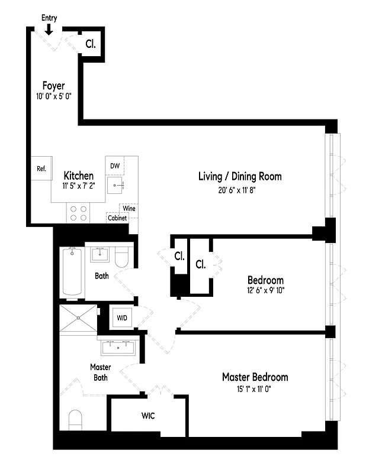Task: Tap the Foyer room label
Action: pyautogui.click(x=53, y=86)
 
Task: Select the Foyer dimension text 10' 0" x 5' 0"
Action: pyautogui.click(x=53, y=96)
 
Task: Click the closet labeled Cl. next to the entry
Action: pyautogui.click(x=91, y=43)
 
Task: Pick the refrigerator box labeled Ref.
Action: pyautogui.click(x=41, y=169)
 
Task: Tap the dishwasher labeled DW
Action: pyautogui.click(x=115, y=167)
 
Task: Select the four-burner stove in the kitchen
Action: pyautogui.click(x=78, y=212)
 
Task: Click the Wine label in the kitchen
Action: pyautogui.click(x=129, y=209)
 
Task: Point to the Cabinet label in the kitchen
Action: pyautogui.click(x=118, y=218)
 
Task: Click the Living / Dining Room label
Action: pyautogui.click(x=239, y=176)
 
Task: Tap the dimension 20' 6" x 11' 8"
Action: pyautogui.click(x=239, y=190)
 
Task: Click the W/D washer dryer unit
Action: pyautogui.click(x=121, y=318)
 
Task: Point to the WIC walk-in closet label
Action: pyautogui.click(x=148, y=416)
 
